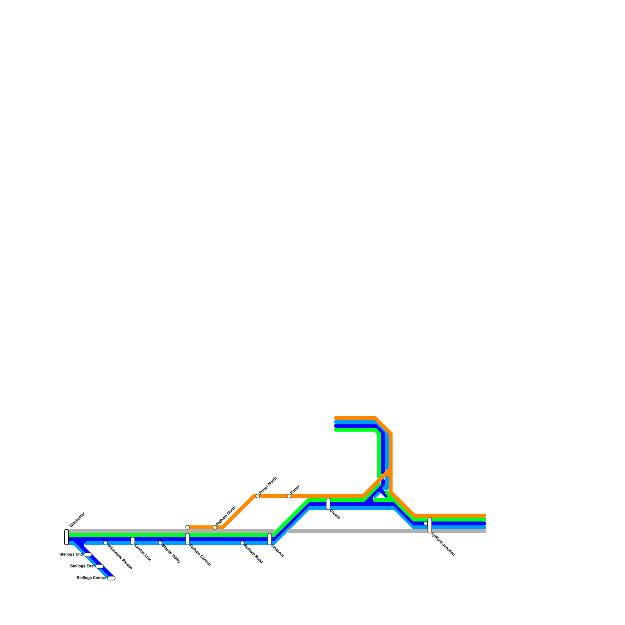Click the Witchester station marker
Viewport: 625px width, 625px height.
(x=66, y=537)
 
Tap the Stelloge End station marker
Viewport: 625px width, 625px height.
(x=88, y=555)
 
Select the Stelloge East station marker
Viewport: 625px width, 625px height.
(x=100, y=566)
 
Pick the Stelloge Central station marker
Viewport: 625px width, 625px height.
(x=111, y=578)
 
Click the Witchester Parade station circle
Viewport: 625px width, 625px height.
(x=105, y=543)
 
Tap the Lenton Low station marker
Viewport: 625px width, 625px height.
(x=133, y=541)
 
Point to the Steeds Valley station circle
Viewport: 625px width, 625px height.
(x=160, y=543)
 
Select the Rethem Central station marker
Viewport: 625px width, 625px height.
(x=187, y=539)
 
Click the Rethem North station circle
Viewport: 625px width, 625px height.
(x=215, y=527)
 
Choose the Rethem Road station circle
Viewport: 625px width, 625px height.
(x=242, y=543)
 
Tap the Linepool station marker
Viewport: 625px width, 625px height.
(x=270, y=539)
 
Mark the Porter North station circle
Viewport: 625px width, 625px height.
(x=258, y=496)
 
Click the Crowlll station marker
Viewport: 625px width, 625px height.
(x=328, y=504)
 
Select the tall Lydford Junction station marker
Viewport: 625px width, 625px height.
(x=430, y=525)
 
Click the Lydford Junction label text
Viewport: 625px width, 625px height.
(x=443, y=545)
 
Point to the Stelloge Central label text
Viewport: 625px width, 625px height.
(x=91, y=578)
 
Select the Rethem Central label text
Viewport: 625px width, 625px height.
(x=200, y=555)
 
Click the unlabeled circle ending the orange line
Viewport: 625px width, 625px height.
(x=187, y=527)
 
